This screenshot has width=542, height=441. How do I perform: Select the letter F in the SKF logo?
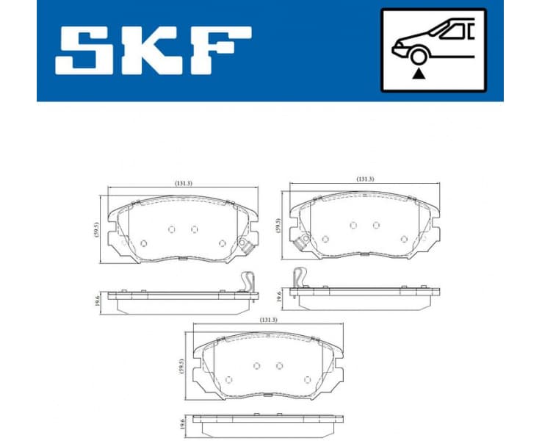click(220, 51)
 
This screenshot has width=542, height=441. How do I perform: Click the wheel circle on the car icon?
click(419, 57)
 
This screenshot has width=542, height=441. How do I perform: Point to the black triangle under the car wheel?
click(419, 73)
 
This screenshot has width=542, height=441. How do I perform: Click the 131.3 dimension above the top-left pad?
click(184, 183)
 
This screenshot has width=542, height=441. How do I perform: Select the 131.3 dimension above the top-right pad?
click(365, 179)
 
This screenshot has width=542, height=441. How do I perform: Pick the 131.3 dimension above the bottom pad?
click(267, 320)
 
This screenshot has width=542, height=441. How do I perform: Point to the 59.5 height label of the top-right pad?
click(278, 225)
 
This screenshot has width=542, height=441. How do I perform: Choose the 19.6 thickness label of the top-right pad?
click(278, 296)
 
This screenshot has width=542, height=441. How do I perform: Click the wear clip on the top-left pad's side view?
click(249, 284)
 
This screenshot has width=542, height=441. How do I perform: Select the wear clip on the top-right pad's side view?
click(299, 278)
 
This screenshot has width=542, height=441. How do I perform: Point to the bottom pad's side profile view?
click(269, 419)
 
